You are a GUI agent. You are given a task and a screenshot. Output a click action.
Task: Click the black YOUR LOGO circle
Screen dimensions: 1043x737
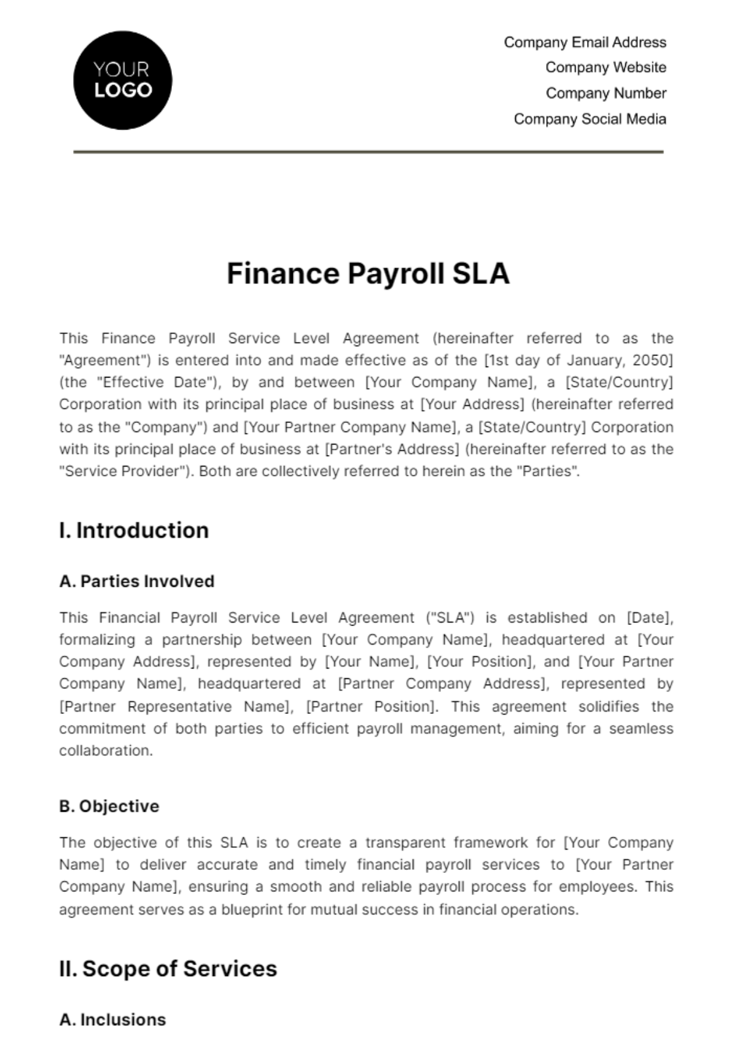122,80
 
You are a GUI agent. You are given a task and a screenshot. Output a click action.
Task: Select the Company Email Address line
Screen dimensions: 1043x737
585,42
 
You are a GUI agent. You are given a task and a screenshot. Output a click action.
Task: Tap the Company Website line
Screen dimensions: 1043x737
606,68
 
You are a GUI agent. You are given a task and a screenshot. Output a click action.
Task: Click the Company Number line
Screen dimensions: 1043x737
606,93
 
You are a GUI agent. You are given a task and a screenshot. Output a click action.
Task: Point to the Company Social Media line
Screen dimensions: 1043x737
590,119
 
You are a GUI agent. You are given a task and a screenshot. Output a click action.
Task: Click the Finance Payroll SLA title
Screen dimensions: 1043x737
368,274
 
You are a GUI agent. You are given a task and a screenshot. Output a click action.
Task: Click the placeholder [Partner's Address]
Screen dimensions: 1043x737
392,449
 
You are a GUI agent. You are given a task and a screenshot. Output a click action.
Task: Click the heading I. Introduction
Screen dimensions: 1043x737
134,530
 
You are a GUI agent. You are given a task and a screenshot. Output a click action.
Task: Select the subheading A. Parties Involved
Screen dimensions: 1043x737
136,581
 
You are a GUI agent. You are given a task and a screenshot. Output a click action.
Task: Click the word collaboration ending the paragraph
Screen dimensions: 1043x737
105,751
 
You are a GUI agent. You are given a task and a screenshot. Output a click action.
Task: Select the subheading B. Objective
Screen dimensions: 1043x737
109,807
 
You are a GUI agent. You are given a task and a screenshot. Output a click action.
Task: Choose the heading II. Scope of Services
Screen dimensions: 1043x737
168,969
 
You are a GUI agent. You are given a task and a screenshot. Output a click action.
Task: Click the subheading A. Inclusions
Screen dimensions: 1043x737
112,1020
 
